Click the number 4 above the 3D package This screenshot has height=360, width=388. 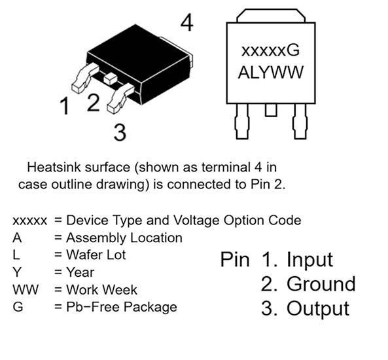tap(187, 22)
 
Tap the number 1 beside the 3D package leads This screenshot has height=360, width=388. tap(65, 106)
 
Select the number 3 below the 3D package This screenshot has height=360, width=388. tap(120, 132)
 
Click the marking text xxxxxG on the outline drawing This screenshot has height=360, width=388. tap(270, 50)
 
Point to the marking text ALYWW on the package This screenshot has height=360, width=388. tap(270, 72)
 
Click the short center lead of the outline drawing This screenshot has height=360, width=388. tap(271, 110)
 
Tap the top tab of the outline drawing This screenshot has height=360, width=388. tap(271, 16)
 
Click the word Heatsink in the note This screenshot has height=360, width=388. tap(54, 167)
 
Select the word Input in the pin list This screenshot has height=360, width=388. tap(309, 259)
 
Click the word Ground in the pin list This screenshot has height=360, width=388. tap(321, 283)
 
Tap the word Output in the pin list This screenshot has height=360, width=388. tap(318, 308)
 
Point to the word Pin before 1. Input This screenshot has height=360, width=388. tap(235, 259)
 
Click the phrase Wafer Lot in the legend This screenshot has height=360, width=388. tap(96, 255)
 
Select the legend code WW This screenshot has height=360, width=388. tap(26, 289)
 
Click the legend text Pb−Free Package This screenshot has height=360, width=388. tap(122, 307)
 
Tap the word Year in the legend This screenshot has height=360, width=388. tap(80, 272)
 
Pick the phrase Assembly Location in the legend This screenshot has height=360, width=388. tap(124, 238)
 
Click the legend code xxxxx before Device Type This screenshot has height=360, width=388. tap(29, 221)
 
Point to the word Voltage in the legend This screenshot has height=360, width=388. tap(196, 221)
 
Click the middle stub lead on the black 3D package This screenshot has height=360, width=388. tap(110, 79)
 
